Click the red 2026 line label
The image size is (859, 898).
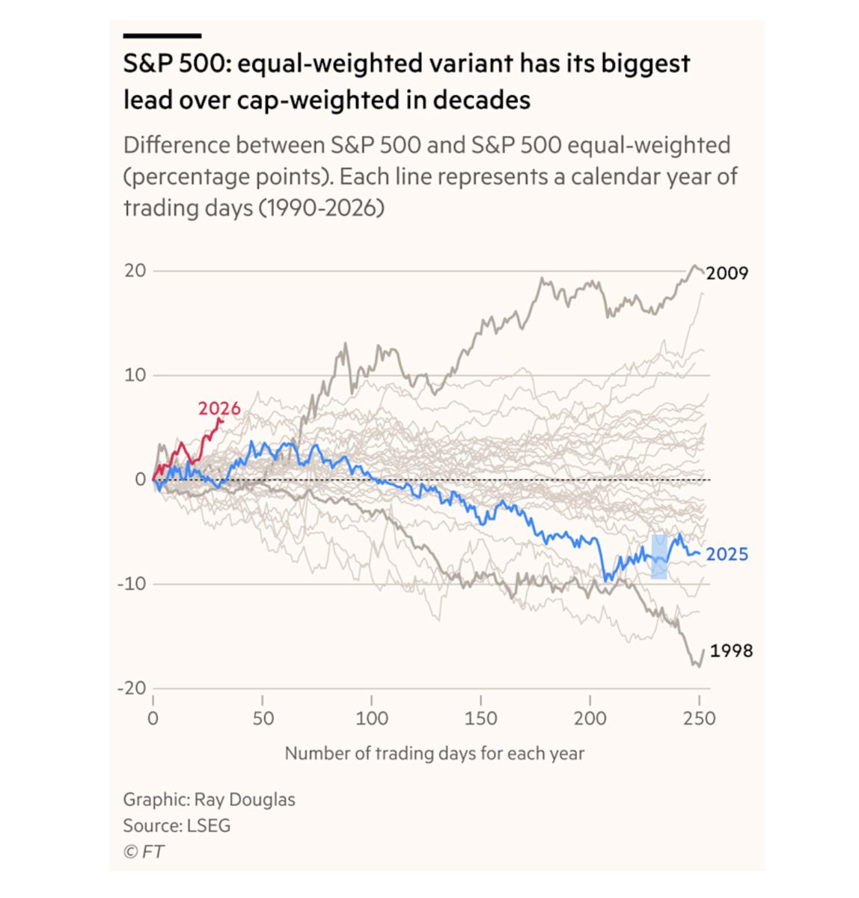pos(219,409)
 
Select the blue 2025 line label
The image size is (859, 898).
pos(727,555)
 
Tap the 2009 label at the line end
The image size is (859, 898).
pos(727,273)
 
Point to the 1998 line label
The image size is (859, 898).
pos(731,651)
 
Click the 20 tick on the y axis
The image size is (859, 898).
pos(135,271)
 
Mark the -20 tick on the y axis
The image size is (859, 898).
pos(131,688)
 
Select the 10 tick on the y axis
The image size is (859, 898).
pos(135,375)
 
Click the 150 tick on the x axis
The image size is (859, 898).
pos(480,718)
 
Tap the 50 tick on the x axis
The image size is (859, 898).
pos(263,718)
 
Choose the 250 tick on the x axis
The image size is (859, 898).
pos(699,718)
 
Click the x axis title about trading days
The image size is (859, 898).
pos(434,754)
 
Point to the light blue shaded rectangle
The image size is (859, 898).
pos(658,557)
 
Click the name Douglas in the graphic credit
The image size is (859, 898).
pos(264,799)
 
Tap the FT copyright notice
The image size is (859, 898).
pos(144,852)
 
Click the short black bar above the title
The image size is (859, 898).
pos(162,35)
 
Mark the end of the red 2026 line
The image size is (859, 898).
pos(221,419)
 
